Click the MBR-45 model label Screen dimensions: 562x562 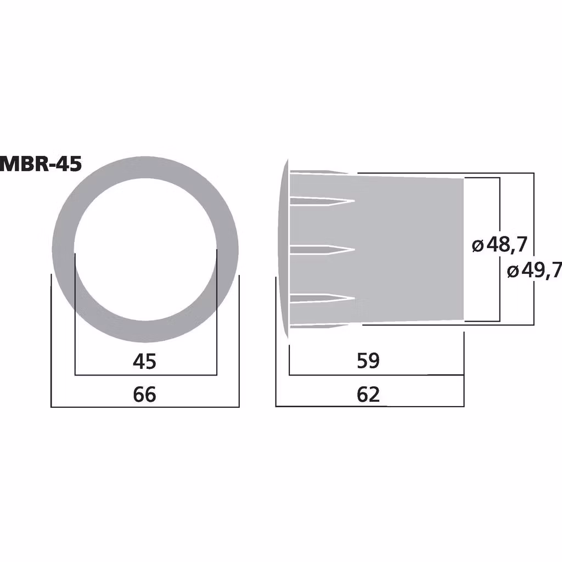point(41,164)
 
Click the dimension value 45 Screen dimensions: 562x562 point(145,361)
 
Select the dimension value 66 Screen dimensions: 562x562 point(145,394)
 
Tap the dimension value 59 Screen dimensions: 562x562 point(368,361)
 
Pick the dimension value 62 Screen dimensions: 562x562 point(368,394)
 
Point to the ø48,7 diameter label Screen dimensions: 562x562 point(499,245)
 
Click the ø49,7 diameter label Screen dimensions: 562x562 point(533,270)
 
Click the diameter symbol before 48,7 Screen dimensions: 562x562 point(477,245)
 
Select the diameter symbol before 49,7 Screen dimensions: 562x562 point(512,271)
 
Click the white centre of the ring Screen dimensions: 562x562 point(145,250)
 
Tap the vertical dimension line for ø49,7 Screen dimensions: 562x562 point(533,220)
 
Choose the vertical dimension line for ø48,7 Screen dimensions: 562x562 point(499,209)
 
